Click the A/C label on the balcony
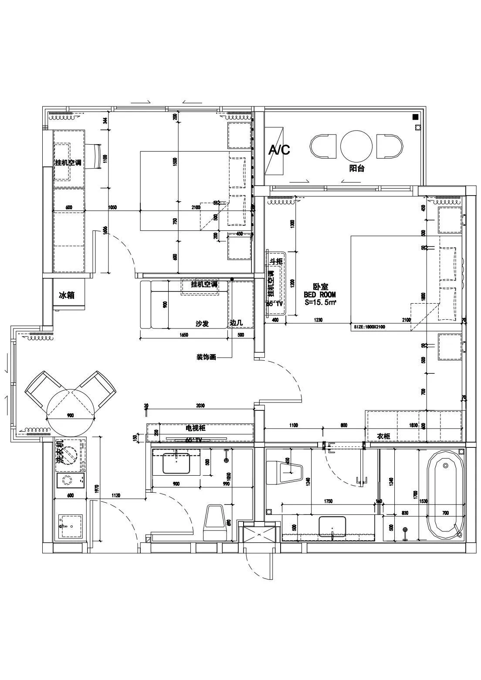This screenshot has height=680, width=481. pyautogui.click(x=279, y=150)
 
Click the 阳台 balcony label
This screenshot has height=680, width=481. pyautogui.click(x=356, y=168)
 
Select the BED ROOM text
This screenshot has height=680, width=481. pyautogui.click(x=320, y=294)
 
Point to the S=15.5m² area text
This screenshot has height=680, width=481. pyautogui.click(x=320, y=301)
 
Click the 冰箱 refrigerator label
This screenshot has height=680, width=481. pyautogui.click(x=66, y=295)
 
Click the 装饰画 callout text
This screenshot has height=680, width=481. pyautogui.click(x=206, y=357)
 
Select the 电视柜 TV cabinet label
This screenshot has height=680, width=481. pyautogui.click(x=195, y=428)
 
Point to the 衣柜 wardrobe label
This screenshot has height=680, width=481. pyautogui.click(x=383, y=436)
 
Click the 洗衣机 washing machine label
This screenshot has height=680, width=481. pyautogui.click(x=61, y=451)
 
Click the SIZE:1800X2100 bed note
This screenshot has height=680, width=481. pyautogui.click(x=369, y=327)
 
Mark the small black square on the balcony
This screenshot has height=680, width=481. pyautogui.click(x=415, y=117)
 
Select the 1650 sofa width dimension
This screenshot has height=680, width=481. pyautogui.click(x=183, y=335)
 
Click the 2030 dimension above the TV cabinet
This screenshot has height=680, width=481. pyautogui.click(x=200, y=406)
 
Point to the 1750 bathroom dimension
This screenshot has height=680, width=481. pyautogui.click(x=328, y=501)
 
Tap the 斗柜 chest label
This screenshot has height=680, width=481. pyautogui.click(x=275, y=261)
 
